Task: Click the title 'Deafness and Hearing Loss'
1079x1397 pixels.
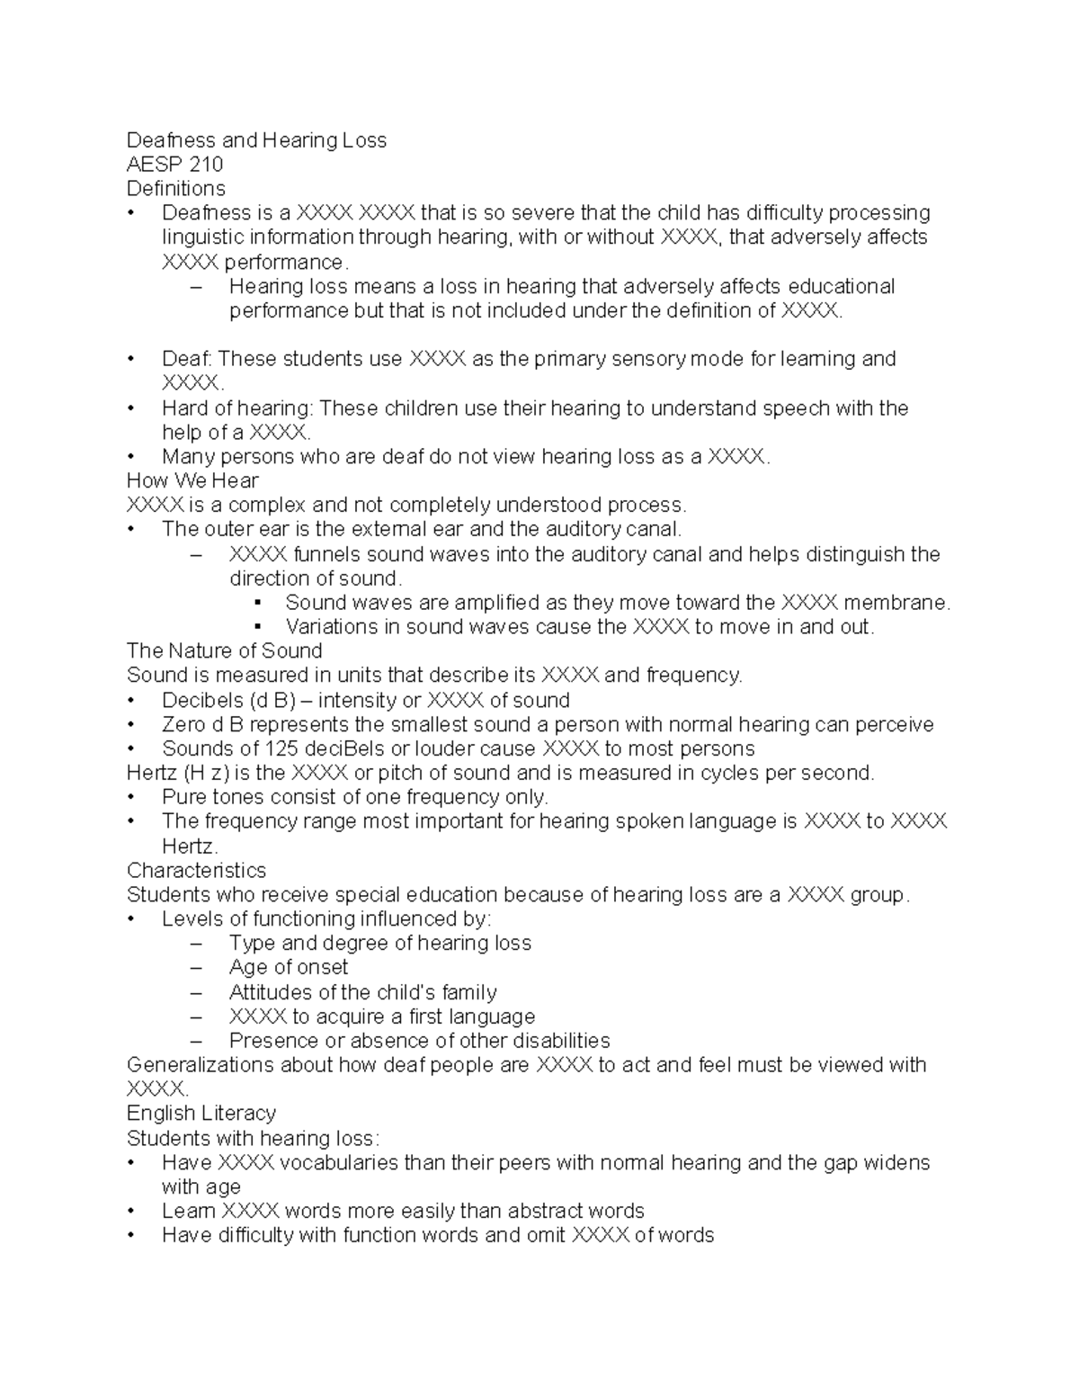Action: click(256, 140)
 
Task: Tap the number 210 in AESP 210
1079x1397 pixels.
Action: click(204, 165)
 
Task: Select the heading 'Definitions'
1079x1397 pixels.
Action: click(176, 189)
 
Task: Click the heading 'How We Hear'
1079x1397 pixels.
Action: click(192, 480)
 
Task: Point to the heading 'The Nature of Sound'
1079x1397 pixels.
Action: click(224, 650)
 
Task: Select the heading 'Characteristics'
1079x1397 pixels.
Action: click(196, 870)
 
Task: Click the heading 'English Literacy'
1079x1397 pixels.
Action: click(201, 1113)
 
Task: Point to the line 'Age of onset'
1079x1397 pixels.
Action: click(288, 967)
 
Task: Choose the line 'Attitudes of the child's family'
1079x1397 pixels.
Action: click(362, 992)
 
